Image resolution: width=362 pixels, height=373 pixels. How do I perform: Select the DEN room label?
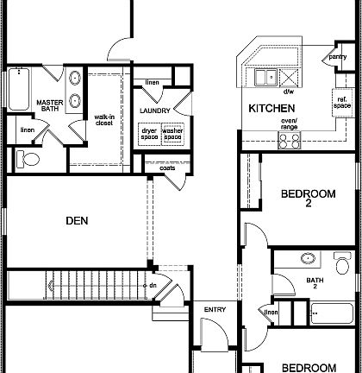coord(77,221)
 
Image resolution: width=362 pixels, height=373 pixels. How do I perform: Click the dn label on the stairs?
coord(152,285)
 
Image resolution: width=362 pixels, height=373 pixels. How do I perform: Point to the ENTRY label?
coord(215,308)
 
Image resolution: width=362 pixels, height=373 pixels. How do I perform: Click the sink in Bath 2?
coord(309,258)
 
